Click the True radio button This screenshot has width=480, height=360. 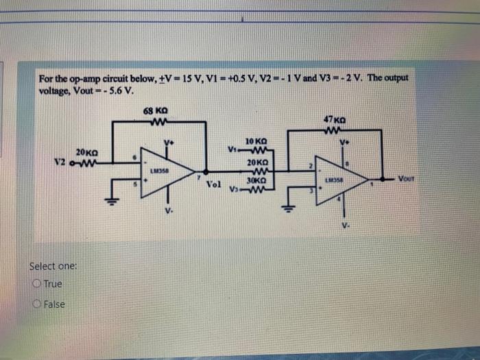click(35, 284)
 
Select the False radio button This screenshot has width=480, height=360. click(35, 304)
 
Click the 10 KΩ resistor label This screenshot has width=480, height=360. click(254, 139)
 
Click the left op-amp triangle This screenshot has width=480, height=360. click(165, 171)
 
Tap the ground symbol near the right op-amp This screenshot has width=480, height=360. click(288, 207)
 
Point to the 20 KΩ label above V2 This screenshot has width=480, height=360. click(87, 152)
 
